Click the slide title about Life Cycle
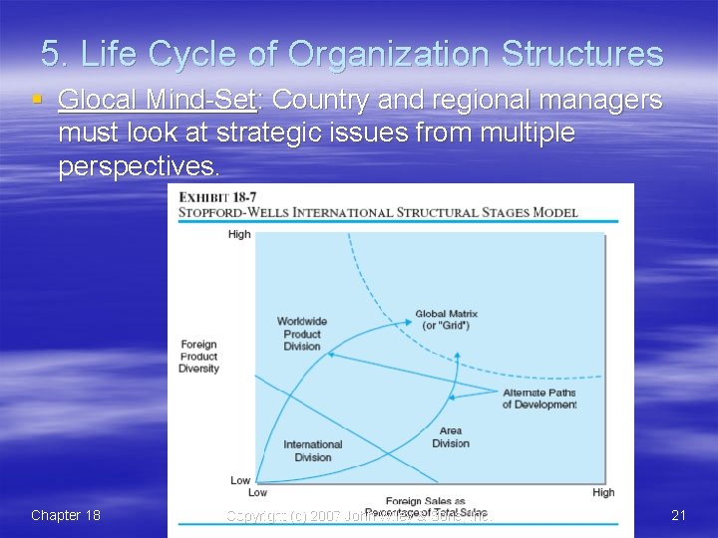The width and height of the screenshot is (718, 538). pos(352,54)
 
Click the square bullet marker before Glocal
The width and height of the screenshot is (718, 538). pos(37,100)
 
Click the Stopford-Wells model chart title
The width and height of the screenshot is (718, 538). pos(378,212)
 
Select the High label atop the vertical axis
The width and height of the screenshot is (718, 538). pos(239,234)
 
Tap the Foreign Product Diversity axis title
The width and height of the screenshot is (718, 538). pos(199,357)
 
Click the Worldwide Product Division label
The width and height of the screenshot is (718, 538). pos(301,334)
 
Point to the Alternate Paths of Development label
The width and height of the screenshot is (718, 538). pos(538,399)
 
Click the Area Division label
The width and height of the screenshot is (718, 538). pos(450,437)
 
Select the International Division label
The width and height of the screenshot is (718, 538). pos(312,450)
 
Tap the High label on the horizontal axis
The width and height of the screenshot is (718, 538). pos(603,492)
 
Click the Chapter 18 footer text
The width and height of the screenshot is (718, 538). pos(66,515)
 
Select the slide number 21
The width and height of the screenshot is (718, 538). pos(679,515)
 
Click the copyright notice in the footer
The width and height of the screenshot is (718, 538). pos(358,516)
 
